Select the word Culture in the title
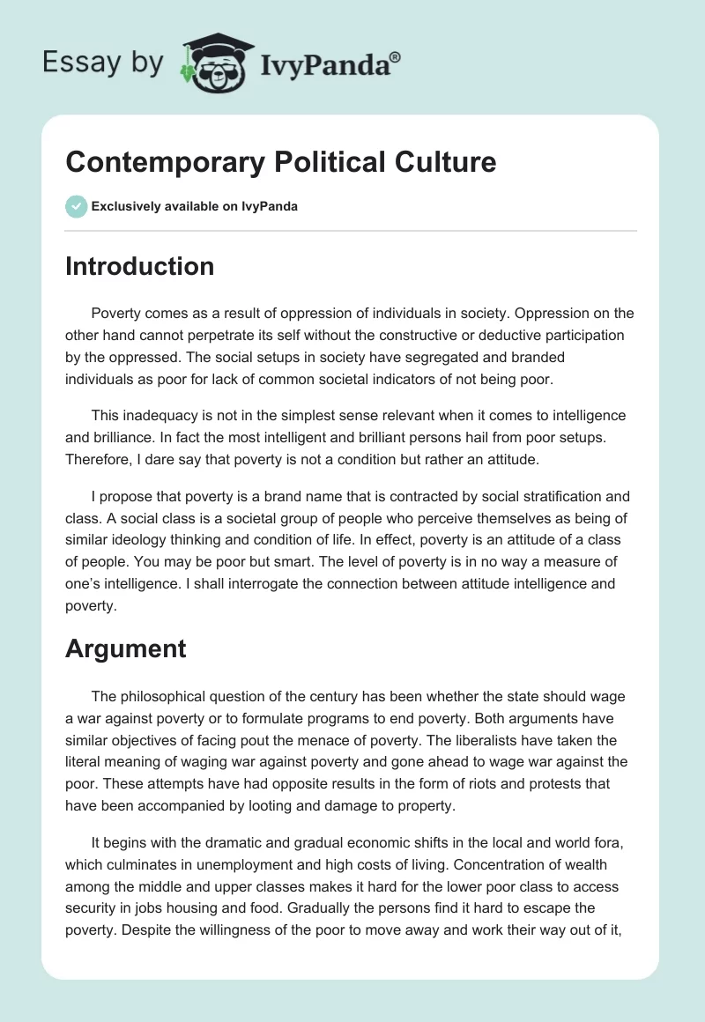coord(447,162)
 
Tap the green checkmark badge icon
coord(76,206)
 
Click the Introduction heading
coord(139,266)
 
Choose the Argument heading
coord(125,648)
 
